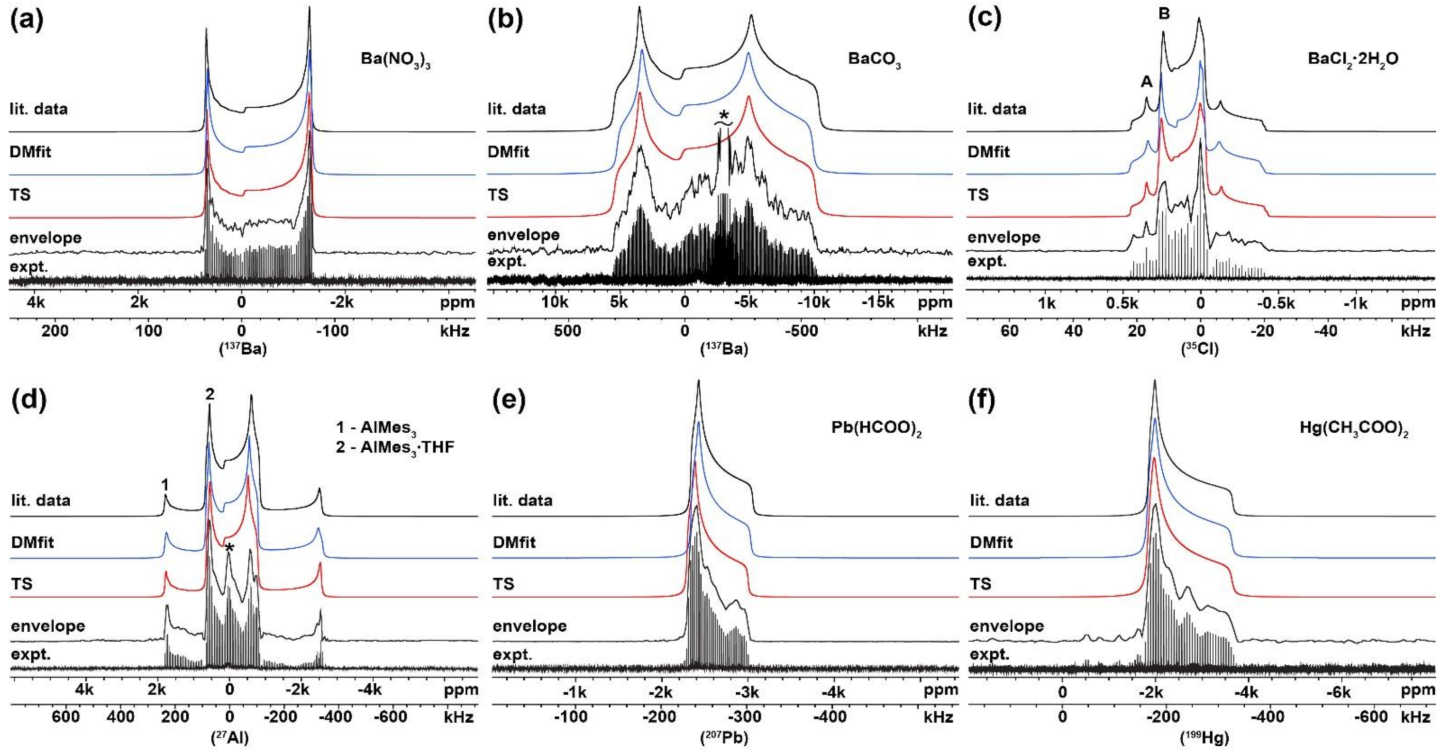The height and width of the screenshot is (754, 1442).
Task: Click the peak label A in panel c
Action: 1147,82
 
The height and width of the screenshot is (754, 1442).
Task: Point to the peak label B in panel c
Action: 1164,14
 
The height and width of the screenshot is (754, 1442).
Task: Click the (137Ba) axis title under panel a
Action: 242,350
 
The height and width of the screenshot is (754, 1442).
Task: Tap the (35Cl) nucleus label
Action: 1200,350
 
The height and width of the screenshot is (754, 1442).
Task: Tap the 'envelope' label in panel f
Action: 1006,626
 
